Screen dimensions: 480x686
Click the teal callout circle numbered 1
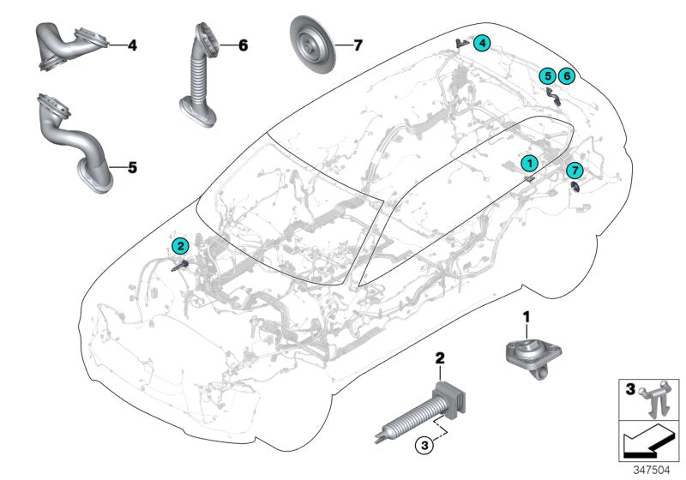(x=530, y=161)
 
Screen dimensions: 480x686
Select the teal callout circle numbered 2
(x=179, y=246)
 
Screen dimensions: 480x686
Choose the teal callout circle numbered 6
(x=566, y=77)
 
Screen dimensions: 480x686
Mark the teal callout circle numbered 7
(x=575, y=170)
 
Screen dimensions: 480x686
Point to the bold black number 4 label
(x=132, y=44)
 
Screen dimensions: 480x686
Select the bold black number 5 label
(x=132, y=167)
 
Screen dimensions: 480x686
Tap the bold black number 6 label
(x=243, y=44)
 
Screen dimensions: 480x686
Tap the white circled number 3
(x=422, y=445)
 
